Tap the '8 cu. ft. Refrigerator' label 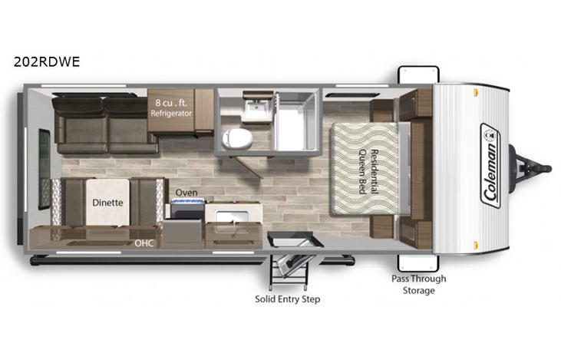pos(172,107)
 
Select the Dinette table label pos(107,203)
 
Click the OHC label pos(144,243)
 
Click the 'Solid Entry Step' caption pos(288,299)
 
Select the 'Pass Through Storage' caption pos(418,284)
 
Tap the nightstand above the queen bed pos(383,110)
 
